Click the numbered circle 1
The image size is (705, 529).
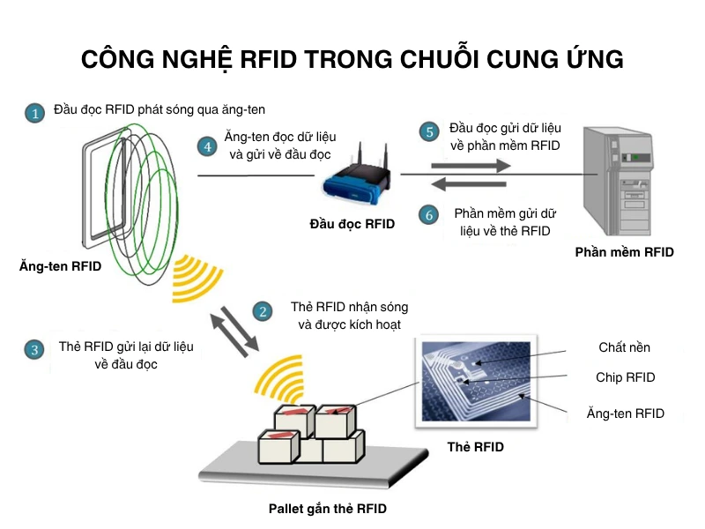pyautogui.click(x=33, y=114)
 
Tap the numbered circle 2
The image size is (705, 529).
pyautogui.click(x=262, y=311)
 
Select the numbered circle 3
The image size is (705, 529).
pyautogui.click(x=34, y=349)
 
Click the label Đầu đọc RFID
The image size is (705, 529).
pyautogui.click(x=352, y=224)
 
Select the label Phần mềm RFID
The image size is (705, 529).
pyautogui.click(x=624, y=252)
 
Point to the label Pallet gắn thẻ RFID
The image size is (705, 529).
pyautogui.click(x=328, y=509)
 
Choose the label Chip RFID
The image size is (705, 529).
pyautogui.click(x=626, y=377)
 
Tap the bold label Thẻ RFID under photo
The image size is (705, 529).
pyautogui.click(x=476, y=447)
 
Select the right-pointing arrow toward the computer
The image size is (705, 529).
pyautogui.click(x=471, y=165)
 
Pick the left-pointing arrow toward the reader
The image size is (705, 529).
pyautogui.click(x=471, y=184)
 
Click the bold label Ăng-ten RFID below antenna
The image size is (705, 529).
pyautogui.click(x=60, y=265)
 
